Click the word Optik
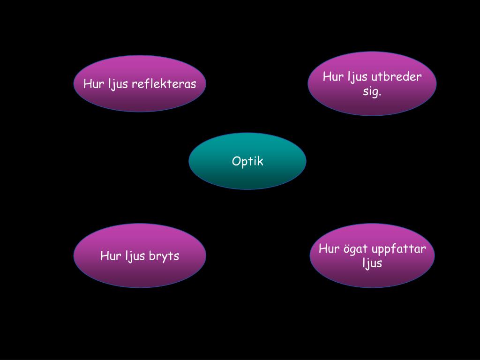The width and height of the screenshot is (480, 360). [247, 161]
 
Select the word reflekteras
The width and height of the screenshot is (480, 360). [164, 84]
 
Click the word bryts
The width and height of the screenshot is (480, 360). [164, 256]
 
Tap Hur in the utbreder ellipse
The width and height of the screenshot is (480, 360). [333, 77]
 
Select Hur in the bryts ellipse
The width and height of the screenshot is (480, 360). [111, 256]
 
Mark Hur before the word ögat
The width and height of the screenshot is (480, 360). [329, 248]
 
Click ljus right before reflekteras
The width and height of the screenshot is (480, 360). [119, 84]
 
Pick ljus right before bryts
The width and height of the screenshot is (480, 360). [135, 256]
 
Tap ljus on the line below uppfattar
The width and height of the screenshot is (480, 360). [372, 263]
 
